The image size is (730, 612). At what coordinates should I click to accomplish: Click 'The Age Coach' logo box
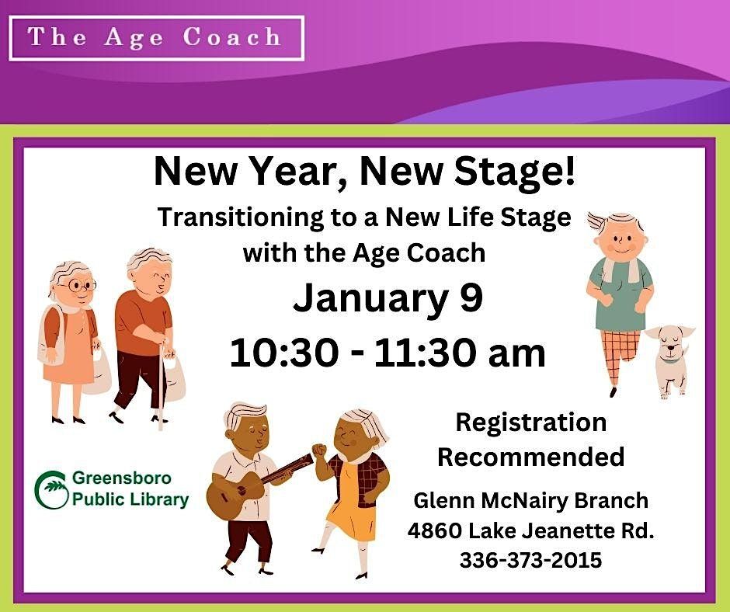pyautogui.click(x=156, y=38)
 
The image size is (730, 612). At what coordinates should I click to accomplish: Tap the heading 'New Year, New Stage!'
pyautogui.click(x=365, y=172)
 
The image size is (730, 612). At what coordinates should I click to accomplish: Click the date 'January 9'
pyautogui.click(x=388, y=299)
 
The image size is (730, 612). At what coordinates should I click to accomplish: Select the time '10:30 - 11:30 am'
pyautogui.click(x=388, y=353)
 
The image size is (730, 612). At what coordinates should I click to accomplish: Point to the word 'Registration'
pyautogui.click(x=530, y=422)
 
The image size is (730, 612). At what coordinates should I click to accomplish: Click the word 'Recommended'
pyautogui.click(x=530, y=457)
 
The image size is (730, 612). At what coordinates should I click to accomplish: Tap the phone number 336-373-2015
pyautogui.click(x=530, y=559)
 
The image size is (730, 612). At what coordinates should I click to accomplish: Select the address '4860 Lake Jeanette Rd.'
pyautogui.click(x=530, y=531)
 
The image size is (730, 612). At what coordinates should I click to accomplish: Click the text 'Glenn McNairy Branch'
pyautogui.click(x=530, y=501)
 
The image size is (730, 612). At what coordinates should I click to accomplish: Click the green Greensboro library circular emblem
pyautogui.click(x=51, y=489)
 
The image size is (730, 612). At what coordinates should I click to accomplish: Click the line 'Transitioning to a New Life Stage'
pyautogui.click(x=364, y=217)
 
